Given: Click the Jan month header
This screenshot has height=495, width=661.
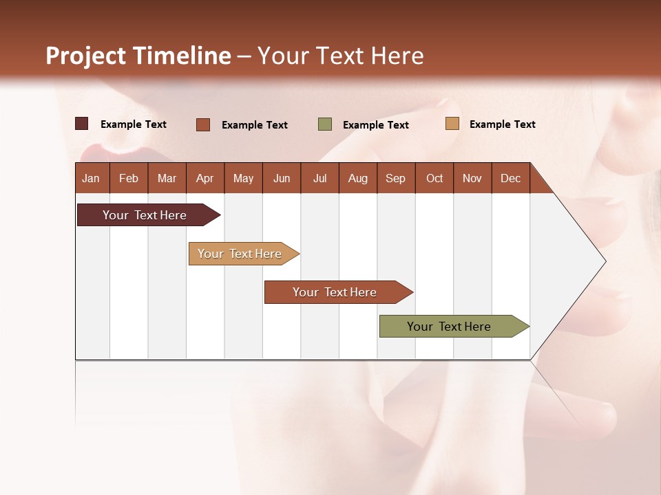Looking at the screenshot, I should click(x=91, y=178).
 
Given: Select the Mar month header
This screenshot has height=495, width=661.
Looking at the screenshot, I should click(x=167, y=178).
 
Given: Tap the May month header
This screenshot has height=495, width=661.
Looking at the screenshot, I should click(x=243, y=178).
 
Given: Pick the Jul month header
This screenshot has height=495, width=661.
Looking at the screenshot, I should click(x=319, y=178).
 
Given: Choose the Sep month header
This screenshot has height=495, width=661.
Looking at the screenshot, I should click(x=395, y=178).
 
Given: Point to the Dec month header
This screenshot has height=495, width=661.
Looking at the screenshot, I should click(x=510, y=178).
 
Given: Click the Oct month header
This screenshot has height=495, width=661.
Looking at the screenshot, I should click(x=434, y=178).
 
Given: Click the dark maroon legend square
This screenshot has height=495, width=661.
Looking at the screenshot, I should click(x=82, y=124).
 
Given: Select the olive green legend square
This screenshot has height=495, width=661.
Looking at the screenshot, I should click(x=325, y=124).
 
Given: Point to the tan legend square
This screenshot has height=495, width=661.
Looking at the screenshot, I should click(x=452, y=124).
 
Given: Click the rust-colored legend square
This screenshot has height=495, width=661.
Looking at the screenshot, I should click(x=203, y=124).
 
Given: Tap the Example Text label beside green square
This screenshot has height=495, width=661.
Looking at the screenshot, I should click(x=375, y=125).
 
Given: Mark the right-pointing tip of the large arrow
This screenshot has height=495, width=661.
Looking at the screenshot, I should click(x=604, y=261).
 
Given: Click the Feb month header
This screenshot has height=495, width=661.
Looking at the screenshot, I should click(x=129, y=178).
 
